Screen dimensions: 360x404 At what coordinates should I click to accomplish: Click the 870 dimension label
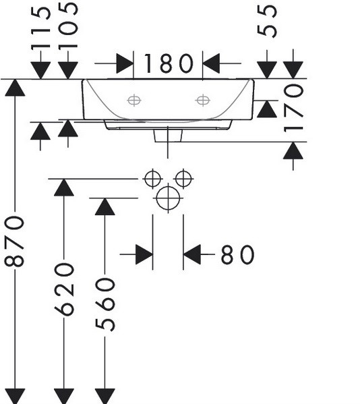(x=14, y=241)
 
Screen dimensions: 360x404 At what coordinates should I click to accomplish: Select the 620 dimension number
(x=64, y=289)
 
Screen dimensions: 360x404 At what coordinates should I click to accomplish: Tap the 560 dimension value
(x=104, y=304)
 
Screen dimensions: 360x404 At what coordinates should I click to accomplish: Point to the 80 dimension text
(x=237, y=255)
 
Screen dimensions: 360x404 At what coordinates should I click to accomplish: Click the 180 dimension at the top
(x=168, y=63)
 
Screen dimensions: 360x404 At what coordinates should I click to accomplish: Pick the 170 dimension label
(x=293, y=109)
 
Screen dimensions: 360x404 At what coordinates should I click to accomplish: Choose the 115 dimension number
(x=40, y=28)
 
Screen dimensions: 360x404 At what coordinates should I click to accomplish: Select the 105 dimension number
(x=68, y=25)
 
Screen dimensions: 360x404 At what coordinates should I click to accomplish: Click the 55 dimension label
(x=267, y=22)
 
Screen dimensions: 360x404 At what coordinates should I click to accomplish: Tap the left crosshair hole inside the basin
(x=134, y=100)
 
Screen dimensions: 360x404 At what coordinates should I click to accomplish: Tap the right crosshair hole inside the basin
(x=203, y=100)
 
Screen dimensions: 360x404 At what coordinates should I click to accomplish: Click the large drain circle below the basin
(x=168, y=198)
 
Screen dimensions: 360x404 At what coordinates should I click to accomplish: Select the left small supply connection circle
(x=153, y=179)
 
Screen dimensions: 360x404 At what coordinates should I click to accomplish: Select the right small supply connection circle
(x=183, y=179)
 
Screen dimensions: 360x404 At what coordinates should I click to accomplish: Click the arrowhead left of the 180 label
(x=125, y=63)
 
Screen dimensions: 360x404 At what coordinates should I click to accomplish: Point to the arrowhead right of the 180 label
(x=211, y=63)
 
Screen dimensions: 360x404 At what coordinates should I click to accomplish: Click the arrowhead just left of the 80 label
(x=192, y=254)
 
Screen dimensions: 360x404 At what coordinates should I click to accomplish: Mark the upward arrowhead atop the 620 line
(x=64, y=187)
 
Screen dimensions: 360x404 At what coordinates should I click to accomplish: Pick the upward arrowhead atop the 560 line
(x=104, y=206)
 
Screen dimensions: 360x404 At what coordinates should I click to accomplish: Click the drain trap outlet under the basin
(x=168, y=136)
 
